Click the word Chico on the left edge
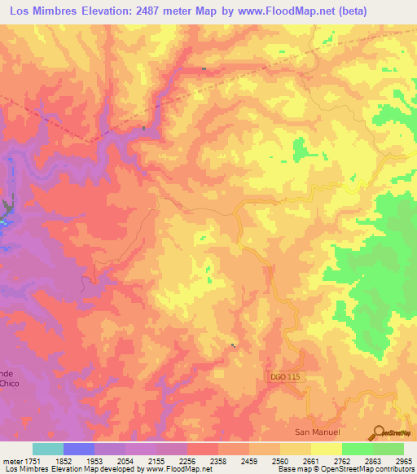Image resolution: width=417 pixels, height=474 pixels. [8, 382]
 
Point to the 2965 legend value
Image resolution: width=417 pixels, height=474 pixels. [403, 460]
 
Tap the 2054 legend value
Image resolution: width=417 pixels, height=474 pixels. [126, 460]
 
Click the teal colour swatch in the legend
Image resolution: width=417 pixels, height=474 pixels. [47, 449]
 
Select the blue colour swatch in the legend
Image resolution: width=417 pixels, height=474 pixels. [79, 449]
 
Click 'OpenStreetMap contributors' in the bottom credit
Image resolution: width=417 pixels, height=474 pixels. [368, 469]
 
